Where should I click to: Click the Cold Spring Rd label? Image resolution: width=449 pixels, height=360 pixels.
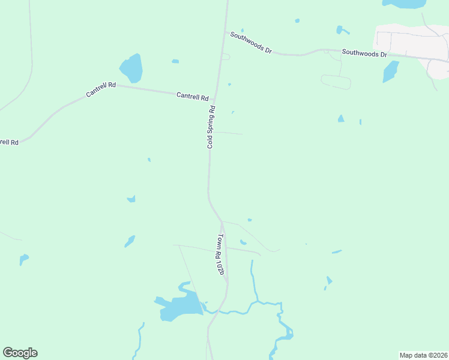(211, 127)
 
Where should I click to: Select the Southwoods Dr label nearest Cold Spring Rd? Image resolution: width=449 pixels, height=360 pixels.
(251, 43)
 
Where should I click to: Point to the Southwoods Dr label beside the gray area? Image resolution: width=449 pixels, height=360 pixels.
(364, 53)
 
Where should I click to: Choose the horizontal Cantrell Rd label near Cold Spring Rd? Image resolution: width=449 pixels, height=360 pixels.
(193, 96)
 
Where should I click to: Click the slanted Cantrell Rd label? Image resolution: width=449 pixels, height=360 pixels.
(100, 89)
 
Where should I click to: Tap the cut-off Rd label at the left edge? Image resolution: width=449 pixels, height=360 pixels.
(9, 142)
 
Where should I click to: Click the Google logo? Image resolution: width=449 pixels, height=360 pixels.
(20, 352)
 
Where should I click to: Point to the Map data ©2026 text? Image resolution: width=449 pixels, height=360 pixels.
(423, 355)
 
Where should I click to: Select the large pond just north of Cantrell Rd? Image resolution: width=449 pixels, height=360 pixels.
(131, 68)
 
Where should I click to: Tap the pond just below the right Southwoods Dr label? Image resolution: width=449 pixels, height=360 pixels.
(390, 71)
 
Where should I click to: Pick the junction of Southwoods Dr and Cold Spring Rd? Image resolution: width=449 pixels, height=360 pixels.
(225, 32)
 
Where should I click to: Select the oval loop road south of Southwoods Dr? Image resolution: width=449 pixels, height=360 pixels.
(336, 82)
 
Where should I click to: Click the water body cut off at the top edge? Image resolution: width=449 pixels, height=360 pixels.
(404, 4)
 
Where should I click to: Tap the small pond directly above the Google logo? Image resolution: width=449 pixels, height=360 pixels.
(23, 259)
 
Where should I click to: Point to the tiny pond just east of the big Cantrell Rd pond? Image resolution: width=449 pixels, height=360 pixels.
(175, 61)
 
